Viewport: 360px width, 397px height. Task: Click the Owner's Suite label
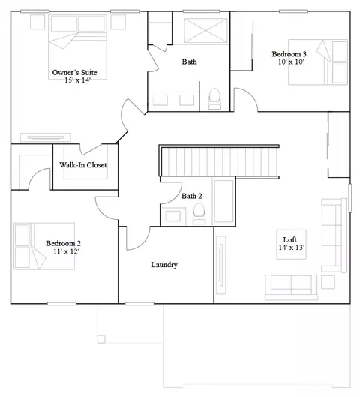coord(75,72)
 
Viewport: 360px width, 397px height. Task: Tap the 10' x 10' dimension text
coord(291,62)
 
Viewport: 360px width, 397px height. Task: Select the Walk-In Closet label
coord(83,165)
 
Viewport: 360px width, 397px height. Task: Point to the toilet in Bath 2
coord(199,214)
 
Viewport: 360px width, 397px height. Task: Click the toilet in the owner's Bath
coord(214,99)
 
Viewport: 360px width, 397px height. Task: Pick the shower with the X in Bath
coord(205,31)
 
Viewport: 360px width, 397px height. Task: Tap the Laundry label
coord(164,265)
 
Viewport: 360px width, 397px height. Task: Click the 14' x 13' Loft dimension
coord(292,248)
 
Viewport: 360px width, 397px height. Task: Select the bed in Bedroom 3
coord(318,62)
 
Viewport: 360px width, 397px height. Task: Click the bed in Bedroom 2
coord(44,246)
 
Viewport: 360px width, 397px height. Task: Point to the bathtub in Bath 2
coord(223,201)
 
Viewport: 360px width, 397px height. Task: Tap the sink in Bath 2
coord(173,216)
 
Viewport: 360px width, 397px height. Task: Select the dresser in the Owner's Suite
coord(46,137)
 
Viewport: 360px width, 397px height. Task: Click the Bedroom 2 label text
coord(64,244)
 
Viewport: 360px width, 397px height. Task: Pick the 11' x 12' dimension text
coord(66,251)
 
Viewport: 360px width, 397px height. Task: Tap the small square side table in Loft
coord(328,282)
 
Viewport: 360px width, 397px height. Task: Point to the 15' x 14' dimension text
coord(77,80)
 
